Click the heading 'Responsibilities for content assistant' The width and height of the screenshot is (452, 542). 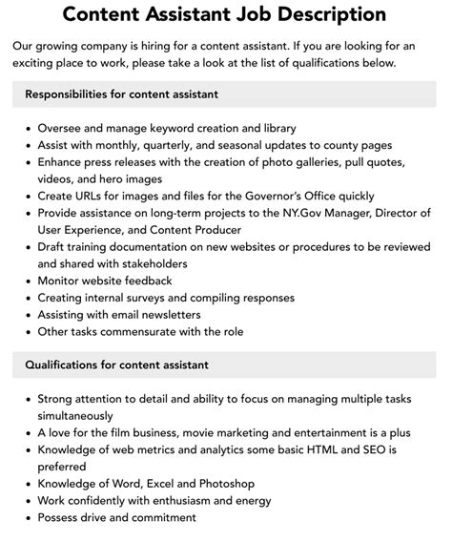click(x=122, y=94)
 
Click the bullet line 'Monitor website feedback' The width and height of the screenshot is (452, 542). click(x=105, y=281)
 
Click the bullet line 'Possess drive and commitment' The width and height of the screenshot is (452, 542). click(x=116, y=518)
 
